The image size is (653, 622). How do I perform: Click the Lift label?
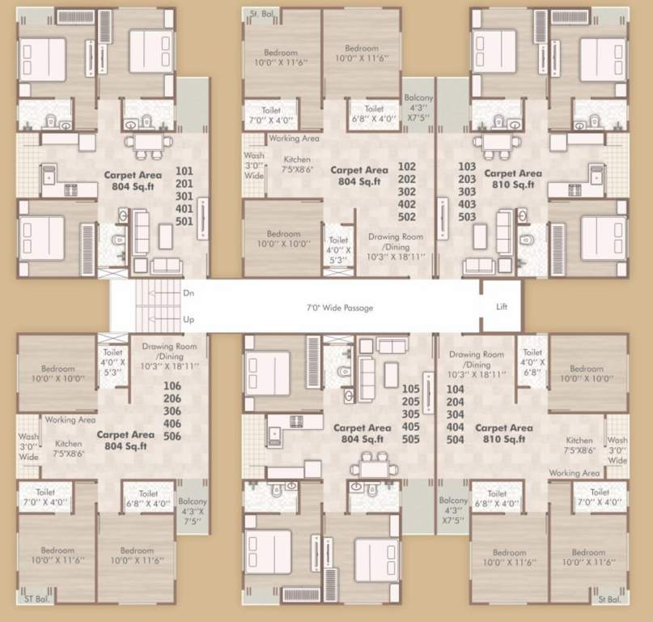(x=502, y=307)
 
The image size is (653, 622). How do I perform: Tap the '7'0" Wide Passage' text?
(x=339, y=308)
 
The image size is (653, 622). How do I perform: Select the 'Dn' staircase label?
(x=189, y=293)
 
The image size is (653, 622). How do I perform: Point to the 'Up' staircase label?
(x=189, y=319)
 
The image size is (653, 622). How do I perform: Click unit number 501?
(x=184, y=221)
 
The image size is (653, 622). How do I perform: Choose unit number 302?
(x=407, y=192)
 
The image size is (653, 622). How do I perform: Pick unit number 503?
(x=467, y=217)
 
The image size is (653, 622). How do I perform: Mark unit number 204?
(x=455, y=402)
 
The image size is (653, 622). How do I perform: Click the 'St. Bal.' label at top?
(x=260, y=14)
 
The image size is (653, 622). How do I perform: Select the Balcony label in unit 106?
(x=192, y=512)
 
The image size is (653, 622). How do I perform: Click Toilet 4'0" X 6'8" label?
(x=532, y=362)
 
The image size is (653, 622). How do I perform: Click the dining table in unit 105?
(x=373, y=468)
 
